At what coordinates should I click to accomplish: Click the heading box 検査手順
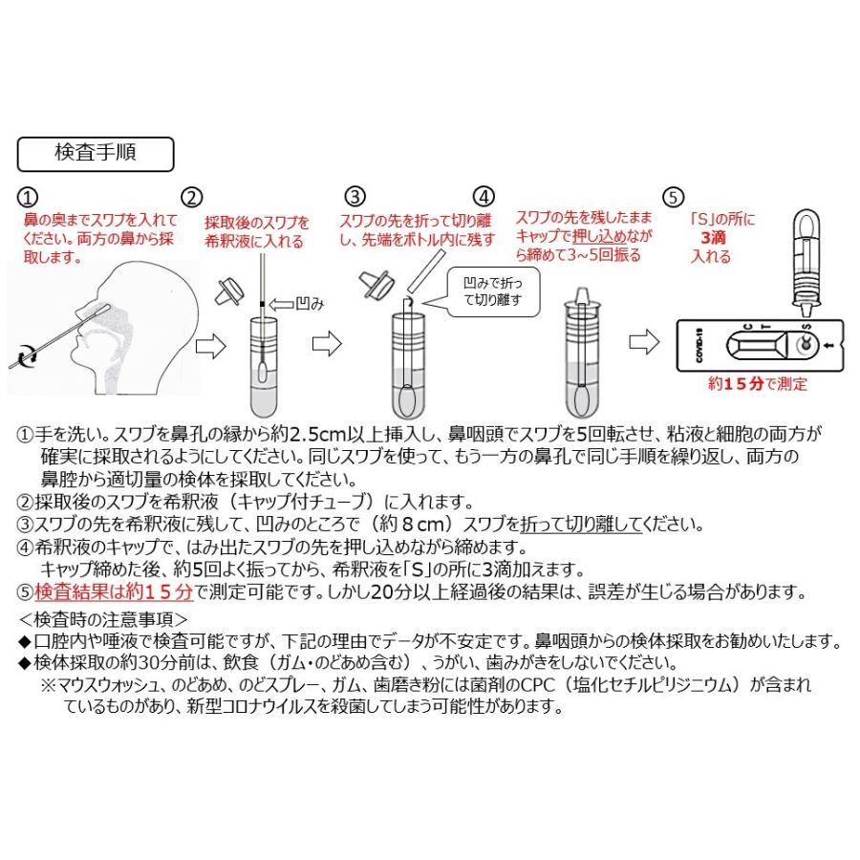(96, 153)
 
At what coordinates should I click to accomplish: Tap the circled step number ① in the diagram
(30, 198)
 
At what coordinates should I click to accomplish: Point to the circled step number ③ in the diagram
(355, 198)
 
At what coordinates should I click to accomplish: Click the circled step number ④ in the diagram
(485, 198)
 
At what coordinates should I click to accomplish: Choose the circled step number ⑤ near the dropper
(675, 198)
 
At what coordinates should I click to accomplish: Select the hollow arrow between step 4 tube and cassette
(641, 340)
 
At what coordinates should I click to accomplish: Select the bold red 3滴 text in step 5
(713, 237)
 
